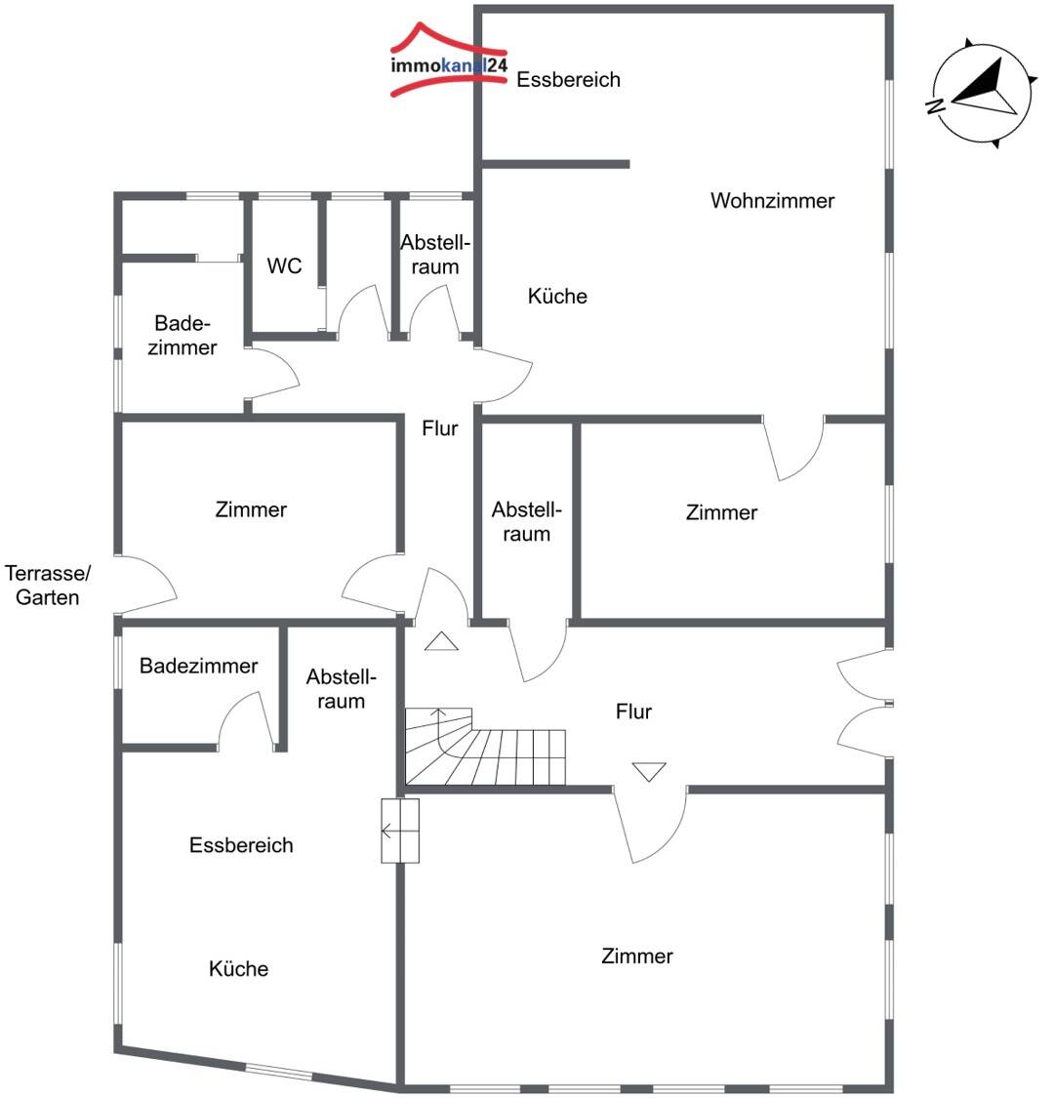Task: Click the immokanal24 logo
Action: [449, 61]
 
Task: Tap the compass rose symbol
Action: [982, 92]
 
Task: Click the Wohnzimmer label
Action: [772, 201]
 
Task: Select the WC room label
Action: [284, 266]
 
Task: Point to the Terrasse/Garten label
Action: [48, 586]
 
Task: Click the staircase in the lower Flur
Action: [485, 747]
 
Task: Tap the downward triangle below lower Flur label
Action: [649, 771]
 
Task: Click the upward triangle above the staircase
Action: [441, 640]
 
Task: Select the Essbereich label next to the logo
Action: [568, 80]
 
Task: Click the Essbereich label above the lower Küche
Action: [241, 845]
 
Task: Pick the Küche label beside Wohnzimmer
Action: [557, 296]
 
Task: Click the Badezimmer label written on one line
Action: [199, 666]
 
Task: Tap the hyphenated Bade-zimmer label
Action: [183, 336]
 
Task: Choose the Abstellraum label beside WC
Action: [434, 255]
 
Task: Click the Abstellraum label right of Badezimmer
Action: [341, 689]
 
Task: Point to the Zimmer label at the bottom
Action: [637, 956]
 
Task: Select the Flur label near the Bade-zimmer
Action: [439, 428]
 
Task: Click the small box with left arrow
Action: [400, 832]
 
